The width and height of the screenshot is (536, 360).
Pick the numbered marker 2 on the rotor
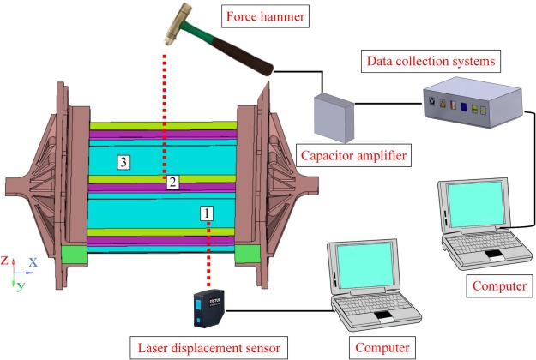[x=172, y=182]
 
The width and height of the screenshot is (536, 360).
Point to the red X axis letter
[x=33, y=262]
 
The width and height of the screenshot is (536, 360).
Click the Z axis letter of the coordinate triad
[x=5, y=260]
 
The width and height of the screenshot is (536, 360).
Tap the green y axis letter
[x=19, y=285]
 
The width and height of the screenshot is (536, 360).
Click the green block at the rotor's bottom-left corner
[x=75, y=255]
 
